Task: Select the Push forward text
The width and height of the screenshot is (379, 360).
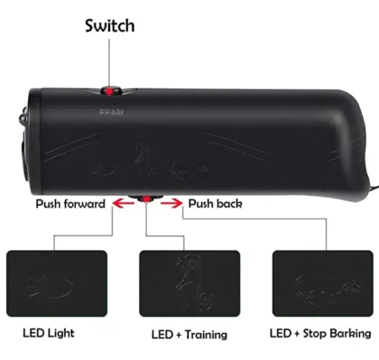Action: [x=69, y=204]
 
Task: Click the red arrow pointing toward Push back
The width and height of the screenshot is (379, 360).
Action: [x=170, y=204]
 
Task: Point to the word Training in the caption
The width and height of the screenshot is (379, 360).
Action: [x=203, y=333]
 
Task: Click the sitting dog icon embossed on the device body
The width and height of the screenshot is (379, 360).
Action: [x=142, y=161]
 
